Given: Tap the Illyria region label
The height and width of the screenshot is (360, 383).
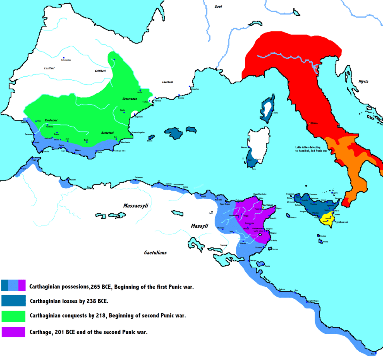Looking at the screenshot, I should (361, 82).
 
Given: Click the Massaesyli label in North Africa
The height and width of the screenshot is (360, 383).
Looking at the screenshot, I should (136, 206).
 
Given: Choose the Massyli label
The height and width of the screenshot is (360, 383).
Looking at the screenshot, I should (200, 226).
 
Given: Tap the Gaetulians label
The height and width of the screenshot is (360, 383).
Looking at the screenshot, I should (155, 253).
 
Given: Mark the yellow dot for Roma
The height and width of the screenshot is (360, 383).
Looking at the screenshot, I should (310, 123).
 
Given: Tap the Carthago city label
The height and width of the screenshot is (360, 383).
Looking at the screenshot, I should (267, 206).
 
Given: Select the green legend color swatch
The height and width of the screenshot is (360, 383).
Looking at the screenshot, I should (13, 316).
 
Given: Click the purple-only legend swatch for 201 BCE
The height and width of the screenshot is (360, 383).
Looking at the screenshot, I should (13, 332).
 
